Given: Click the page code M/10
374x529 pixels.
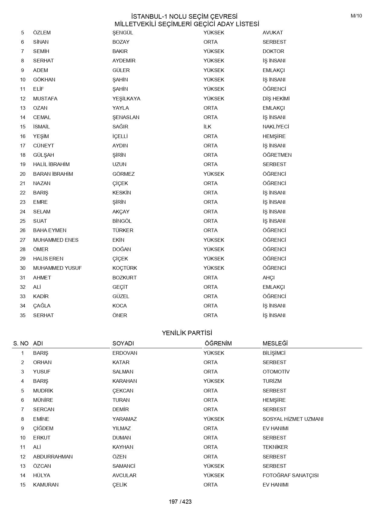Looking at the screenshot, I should tap(356, 16).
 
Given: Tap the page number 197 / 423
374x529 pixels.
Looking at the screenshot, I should tap(180, 502).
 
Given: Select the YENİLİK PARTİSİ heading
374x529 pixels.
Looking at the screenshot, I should tap(187, 333).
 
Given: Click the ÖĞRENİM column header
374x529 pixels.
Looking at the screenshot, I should tap(218, 343).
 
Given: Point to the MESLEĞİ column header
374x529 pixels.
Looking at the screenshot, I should tap(275, 343).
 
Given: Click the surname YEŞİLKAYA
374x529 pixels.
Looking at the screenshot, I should tap(126, 99).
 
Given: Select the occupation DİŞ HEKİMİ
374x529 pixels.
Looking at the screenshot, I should tap(276, 99).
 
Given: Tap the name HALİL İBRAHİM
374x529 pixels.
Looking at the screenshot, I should tap(51, 164).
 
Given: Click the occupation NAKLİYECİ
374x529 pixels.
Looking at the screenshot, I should tap(276, 127).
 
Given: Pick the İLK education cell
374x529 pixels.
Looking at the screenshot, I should tap(208, 127).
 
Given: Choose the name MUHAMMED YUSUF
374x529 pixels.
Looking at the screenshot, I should tap(57, 268).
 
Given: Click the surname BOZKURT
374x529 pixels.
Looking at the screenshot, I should tap(124, 278).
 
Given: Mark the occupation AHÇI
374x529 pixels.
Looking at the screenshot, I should tap(268, 278).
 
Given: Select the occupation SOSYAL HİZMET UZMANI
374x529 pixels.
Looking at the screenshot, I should tap(293, 419).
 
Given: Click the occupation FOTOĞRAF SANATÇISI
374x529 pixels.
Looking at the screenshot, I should tap(290, 475).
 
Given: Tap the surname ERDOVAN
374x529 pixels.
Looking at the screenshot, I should tap(125, 353).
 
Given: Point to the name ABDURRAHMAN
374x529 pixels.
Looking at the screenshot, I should tap(53, 457).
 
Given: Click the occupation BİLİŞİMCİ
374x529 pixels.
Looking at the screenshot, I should tap(274, 353).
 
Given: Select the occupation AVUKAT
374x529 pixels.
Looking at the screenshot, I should tap(273, 33).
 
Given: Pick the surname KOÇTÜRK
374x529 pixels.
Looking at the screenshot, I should tap(125, 268).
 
